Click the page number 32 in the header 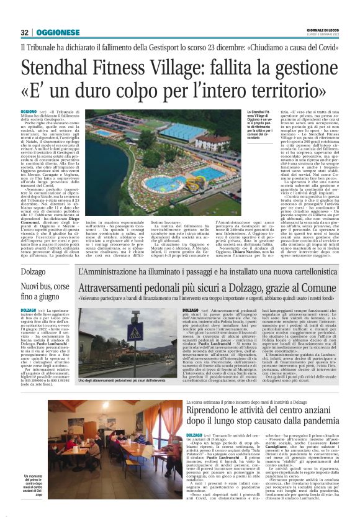coord(24,32)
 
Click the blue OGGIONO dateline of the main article coord(28,110)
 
